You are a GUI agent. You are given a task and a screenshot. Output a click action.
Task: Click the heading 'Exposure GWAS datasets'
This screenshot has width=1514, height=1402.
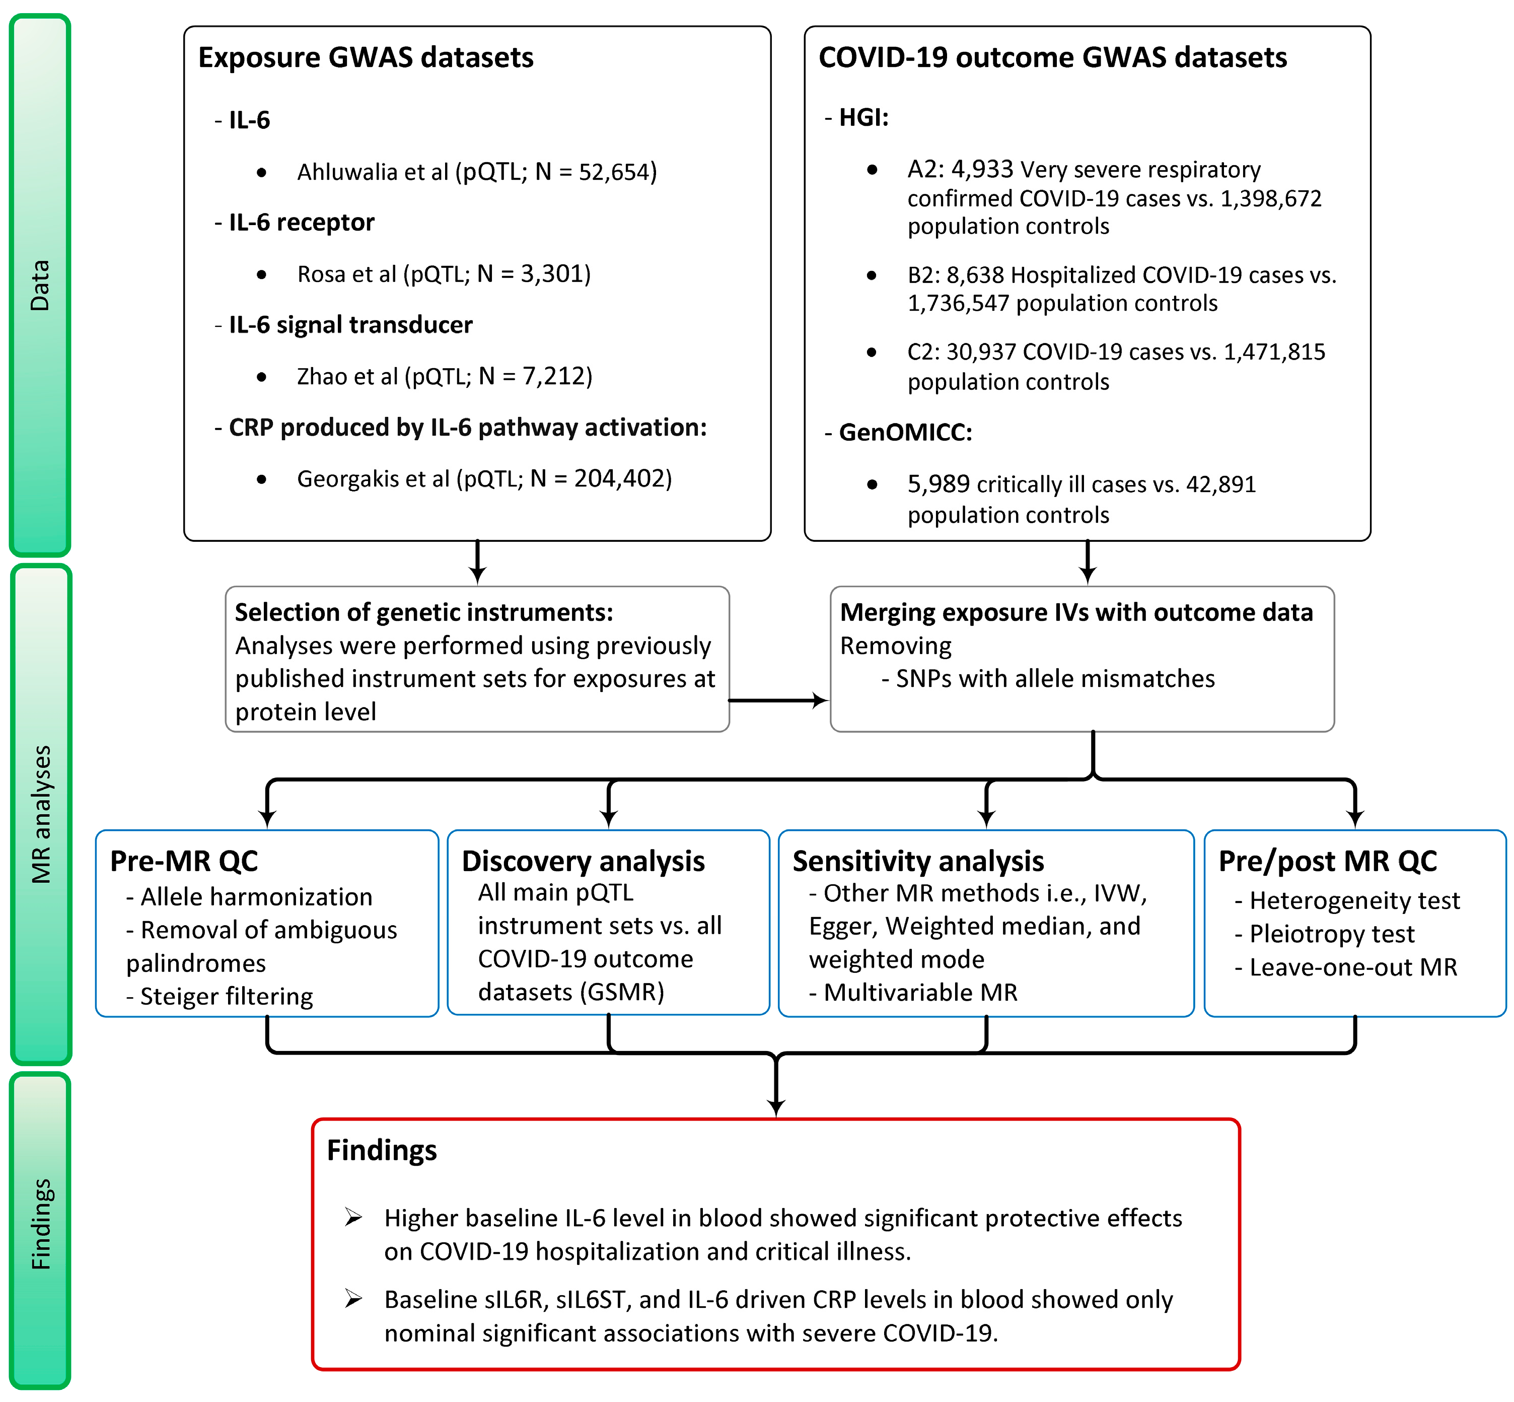pos(365,57)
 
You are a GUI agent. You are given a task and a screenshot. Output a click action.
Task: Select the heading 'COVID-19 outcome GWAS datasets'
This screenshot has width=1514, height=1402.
pos(1052,57)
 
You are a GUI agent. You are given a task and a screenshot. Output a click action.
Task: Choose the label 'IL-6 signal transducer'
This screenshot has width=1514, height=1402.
pos(350,325)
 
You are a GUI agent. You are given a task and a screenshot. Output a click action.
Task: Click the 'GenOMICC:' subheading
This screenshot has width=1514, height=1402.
pos(905,433)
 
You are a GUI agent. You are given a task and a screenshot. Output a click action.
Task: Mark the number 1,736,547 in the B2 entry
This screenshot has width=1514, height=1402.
pos(958,304)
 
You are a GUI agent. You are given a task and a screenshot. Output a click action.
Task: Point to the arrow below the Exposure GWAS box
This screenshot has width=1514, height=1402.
pos(477,564)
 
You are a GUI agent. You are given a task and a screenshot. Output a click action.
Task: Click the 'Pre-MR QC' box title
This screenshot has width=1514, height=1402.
pos(184,861)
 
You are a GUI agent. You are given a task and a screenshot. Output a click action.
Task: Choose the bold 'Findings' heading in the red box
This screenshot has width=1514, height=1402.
pos(382,1150)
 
